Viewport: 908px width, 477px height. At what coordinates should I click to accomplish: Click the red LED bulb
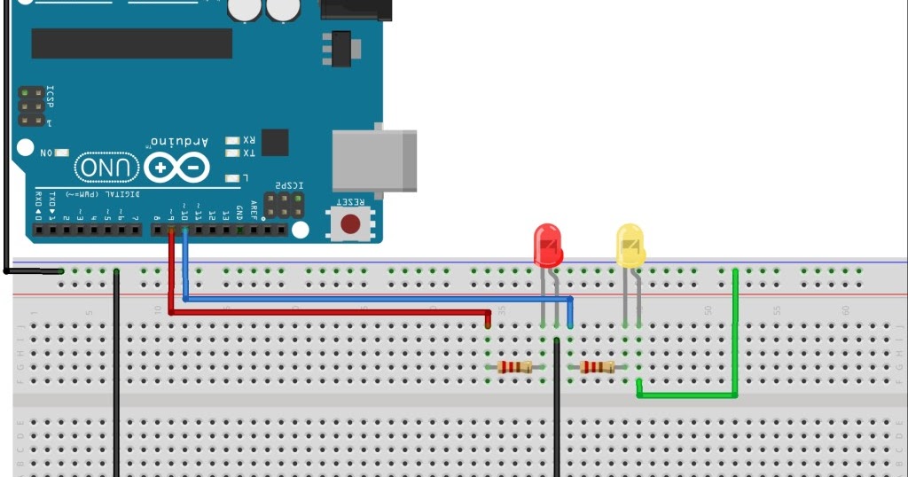coord(547,246)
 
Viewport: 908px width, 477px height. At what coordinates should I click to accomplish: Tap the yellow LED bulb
coord(630,246)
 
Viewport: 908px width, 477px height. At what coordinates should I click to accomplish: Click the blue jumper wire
coord(372,299)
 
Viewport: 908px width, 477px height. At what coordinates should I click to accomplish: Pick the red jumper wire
coord(328,312)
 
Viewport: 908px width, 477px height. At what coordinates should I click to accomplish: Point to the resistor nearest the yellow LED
coord(597,367)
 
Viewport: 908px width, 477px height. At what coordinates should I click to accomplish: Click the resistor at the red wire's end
coord(514,367)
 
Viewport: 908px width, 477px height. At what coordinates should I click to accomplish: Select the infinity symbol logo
coord(177,168)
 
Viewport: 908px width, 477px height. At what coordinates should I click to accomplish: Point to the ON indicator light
coord(62,152)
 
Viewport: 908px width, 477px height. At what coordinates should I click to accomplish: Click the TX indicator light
coord(232,153)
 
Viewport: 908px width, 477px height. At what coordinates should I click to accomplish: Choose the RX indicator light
coord(232,140)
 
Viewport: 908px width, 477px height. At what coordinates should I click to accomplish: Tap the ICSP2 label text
coord(289,185)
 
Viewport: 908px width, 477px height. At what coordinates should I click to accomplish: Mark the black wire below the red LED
coord(556,408)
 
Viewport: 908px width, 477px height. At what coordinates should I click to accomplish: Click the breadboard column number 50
coord(708,310)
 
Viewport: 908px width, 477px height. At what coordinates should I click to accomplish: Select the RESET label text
coord(350,203)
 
